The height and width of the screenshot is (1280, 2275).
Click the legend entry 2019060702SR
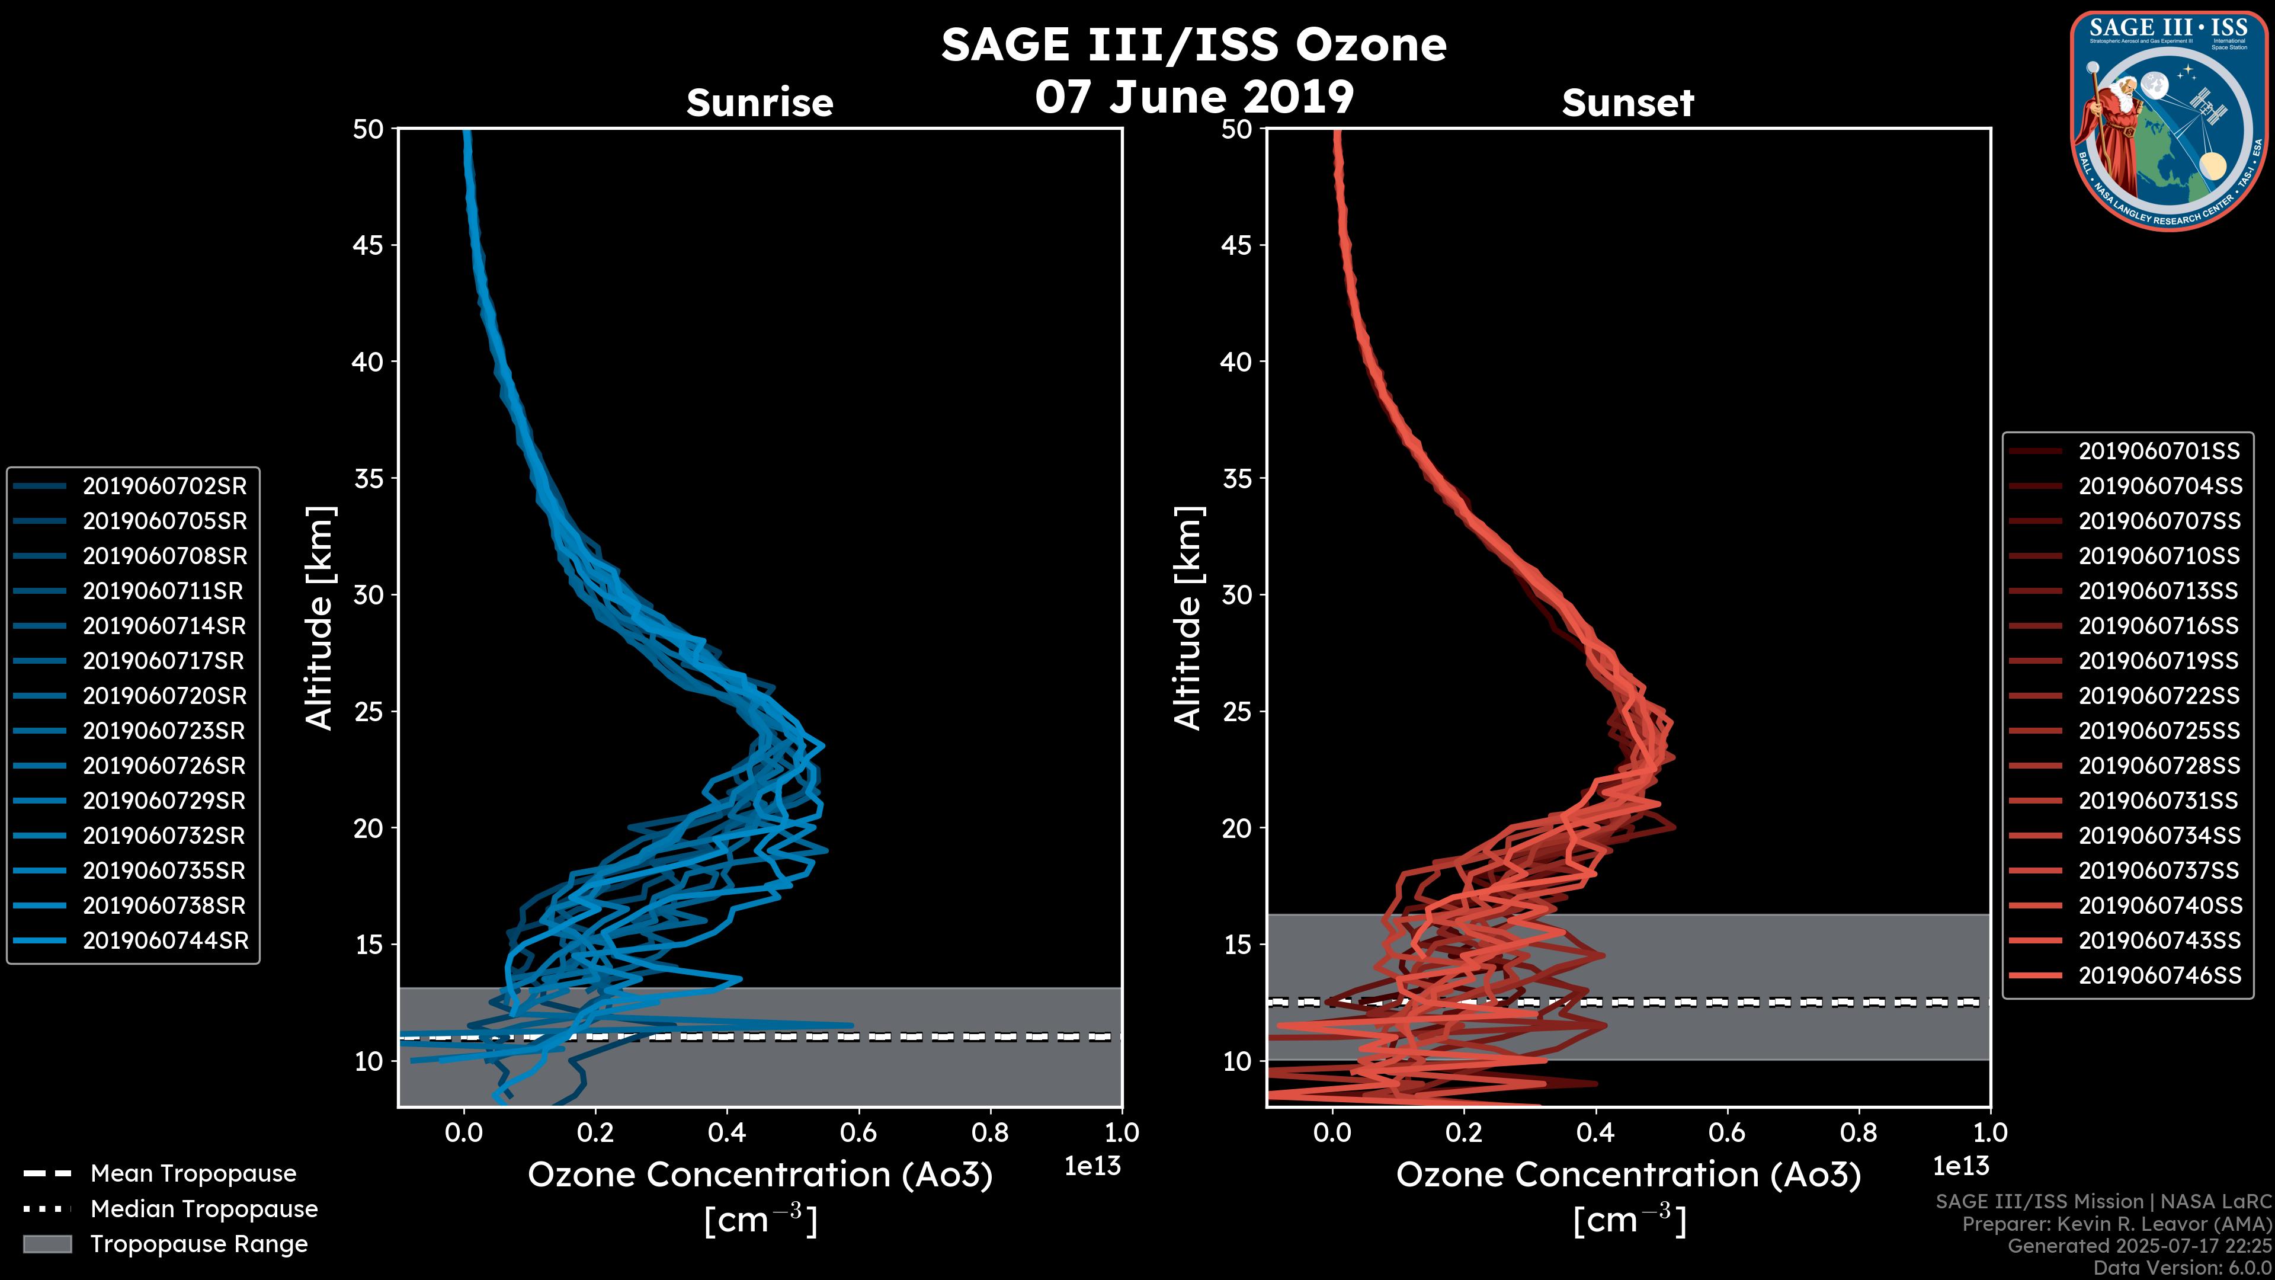point(164,486)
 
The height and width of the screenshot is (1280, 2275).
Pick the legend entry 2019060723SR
point(164,731)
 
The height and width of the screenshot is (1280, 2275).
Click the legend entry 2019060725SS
point(2158,731)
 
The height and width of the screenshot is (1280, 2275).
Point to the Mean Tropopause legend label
point(193,1173)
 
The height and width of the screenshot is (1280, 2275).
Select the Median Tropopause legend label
point(204,1208)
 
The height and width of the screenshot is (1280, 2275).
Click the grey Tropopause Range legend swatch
point(47,1244)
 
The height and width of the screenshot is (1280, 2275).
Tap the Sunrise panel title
point(760,103)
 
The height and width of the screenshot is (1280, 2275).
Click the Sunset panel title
point(1627,103)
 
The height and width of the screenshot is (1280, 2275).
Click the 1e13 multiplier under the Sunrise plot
point(1092,1166)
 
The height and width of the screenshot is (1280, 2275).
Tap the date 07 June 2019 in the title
point(1194,96)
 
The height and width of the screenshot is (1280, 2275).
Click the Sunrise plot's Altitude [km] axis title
point(320,617)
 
